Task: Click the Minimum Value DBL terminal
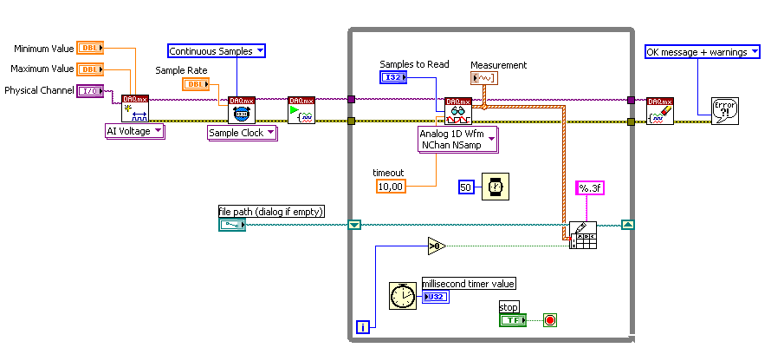click(x=89, y=48)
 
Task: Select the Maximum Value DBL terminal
click(x=89, y=69)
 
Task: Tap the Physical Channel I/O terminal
click(x=89, y=90)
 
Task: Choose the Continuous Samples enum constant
click(x=216, y=51)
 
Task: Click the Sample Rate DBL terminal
click(x=195, y=84)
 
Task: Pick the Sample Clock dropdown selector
click(x=242, y=133)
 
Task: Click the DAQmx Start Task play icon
click(x=301, y=110)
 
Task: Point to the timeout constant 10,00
click(x=390, y=186)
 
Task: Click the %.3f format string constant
click(x=588, y=189)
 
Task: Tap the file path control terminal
click(x=231, y=225)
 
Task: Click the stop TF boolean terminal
click(x=512, y=320)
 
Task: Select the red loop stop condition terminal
click(x=549, y=320)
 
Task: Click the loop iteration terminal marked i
click(x=364, y=327)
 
